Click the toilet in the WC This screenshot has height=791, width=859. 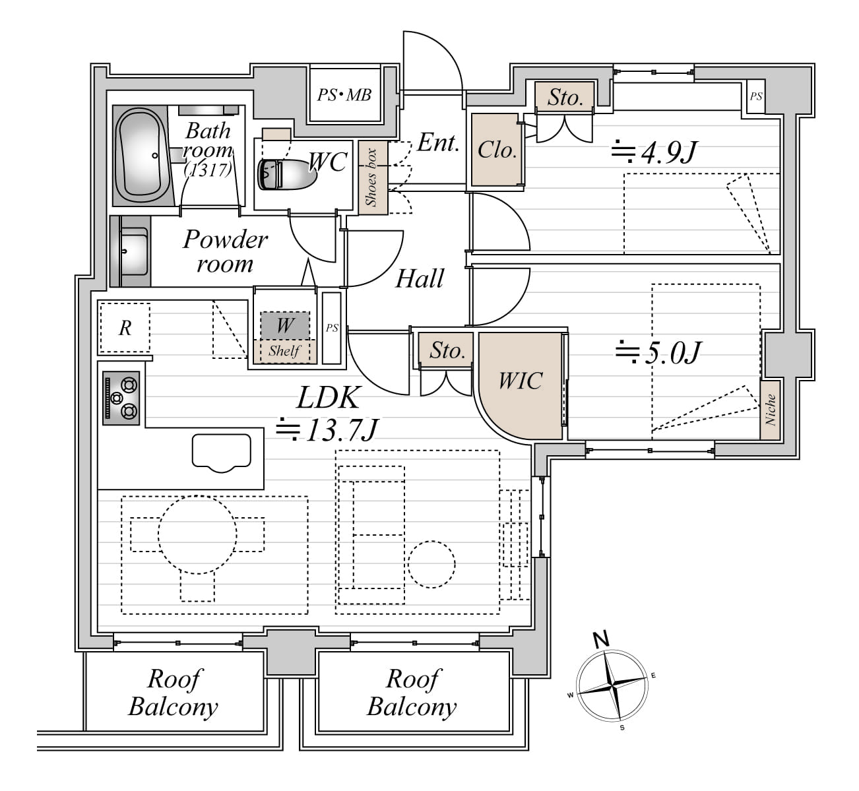(288, 174)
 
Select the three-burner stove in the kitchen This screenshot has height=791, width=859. (121, 398)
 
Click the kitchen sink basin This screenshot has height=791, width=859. (222, 453)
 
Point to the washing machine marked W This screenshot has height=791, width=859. (285, 325)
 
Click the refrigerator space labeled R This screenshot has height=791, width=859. (125, 328)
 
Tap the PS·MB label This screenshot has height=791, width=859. (344, 94)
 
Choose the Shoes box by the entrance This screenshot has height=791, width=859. (373, 177)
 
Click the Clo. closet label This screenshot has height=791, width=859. (497, 150)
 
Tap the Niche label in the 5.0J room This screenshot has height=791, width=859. (770, 410)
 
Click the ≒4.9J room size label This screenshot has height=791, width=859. (654, 152)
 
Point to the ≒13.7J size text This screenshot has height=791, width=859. (328, 430)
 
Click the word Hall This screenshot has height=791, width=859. (420, 279)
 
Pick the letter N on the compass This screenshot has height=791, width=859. (602, 640)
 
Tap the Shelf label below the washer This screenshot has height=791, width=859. (284, 351)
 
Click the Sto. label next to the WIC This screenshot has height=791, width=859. (447, 350)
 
